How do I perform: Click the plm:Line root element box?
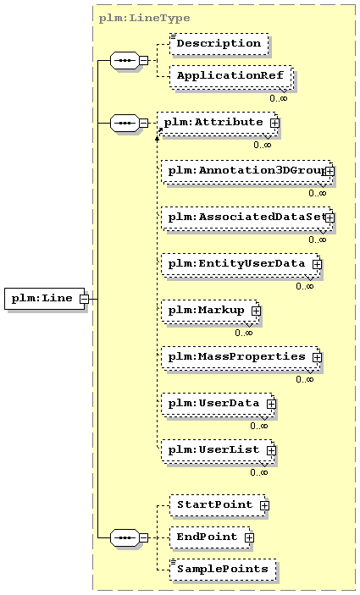[x=44, y=299]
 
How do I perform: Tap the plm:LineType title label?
[x=144, y=19]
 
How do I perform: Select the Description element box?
[x=219, y=44]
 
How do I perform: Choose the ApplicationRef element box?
[x=231, y=77]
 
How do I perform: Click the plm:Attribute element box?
[x=217, y=124]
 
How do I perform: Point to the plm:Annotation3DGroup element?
[x=247, y=172]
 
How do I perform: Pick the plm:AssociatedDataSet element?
[x=247, y=218]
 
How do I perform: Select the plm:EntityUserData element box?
[x=241, y=264]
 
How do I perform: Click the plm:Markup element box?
[x=211, y=311]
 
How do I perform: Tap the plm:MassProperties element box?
[x=241, y=357]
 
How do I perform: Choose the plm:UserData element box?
[x=218, y=404]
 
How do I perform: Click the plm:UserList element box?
[x=218, y=451]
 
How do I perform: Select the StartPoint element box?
[x=219, y=505]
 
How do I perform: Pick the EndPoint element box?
[x=212, y=537]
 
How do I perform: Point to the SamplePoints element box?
[x=223, y=570]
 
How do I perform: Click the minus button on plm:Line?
[x=84, y=299]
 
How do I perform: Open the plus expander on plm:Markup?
[x=257, y=311]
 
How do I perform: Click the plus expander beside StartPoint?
[x=264, y=505]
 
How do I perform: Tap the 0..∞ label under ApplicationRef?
[x=279, y=98]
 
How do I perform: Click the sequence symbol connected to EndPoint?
[x=125, y=537]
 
